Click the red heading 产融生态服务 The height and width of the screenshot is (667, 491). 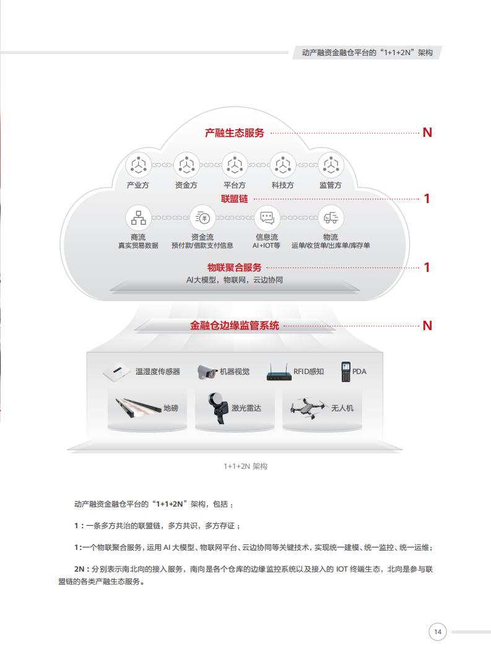click(x=234, y=133)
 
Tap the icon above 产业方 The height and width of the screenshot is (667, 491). click(x=138, y=165)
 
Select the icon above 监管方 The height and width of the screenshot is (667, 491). click(x=331, y=165)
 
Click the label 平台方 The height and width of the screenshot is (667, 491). click(x=234, y=185)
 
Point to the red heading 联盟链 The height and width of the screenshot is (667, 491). click(x=234, y=199)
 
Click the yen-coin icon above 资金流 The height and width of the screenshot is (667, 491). click(x=202, y=218)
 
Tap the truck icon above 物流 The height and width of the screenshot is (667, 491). click(x=331, y=218)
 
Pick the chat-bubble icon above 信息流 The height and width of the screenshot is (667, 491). click(x=266, y=218)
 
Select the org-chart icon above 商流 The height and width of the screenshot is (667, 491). click(x=138, y=218)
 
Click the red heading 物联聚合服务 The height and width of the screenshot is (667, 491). click(x=234, y=268)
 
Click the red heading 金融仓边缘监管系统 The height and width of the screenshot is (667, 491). click(x=234, y=325)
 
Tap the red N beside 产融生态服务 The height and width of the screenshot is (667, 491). click(x=427, y=133)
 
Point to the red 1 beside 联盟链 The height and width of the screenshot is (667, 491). click(x=427, y=199)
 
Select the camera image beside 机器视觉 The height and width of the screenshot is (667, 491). click(x=207, y=372)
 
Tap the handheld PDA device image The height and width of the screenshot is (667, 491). click(x=345, y=372)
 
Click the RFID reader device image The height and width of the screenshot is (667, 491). click(x=279, y=372)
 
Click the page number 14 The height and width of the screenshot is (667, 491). click(x=437, y=632)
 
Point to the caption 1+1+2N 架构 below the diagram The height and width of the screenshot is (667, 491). click(x=245, y=466)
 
